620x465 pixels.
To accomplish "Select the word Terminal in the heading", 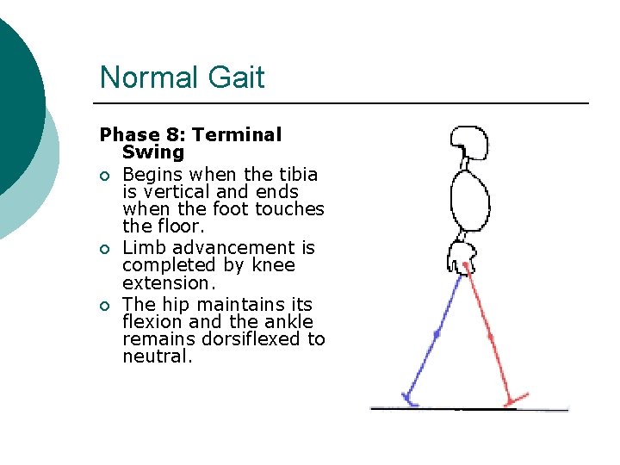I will [x=237, y=135].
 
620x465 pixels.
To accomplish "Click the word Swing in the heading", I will [x=153, y=152].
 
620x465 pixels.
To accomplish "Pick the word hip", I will [x=177, y=304].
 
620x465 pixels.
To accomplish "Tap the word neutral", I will [x=156, y=356].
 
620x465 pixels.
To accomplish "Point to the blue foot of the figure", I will [x=409, y=399].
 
